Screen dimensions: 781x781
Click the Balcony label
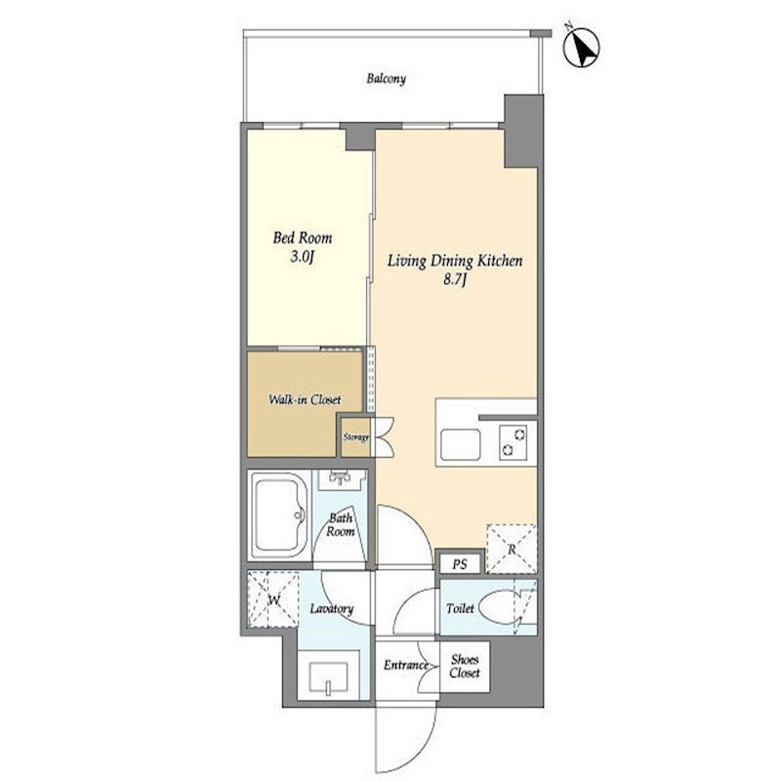[386, 79]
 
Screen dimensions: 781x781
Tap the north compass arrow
[581, 48]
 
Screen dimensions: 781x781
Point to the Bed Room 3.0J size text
[302, 258]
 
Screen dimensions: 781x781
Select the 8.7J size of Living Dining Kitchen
[454, 280]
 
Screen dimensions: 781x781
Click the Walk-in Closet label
[305, 399]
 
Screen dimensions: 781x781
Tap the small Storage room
[356, 436]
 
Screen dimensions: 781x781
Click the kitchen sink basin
[461, 444]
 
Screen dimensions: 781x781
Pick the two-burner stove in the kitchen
[514, 441]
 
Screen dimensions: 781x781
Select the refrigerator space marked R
[512, 549]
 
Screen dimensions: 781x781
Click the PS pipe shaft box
[460, 564]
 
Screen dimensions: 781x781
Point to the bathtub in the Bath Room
[279, 515]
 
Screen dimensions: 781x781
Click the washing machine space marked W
[273, 599]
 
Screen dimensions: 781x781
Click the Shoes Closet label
[465, 666]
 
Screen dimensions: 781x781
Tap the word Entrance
[406, 665]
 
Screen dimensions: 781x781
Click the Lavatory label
[332, 608]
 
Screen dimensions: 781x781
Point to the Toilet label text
[460, 608]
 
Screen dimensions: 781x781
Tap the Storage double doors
[384, 436]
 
